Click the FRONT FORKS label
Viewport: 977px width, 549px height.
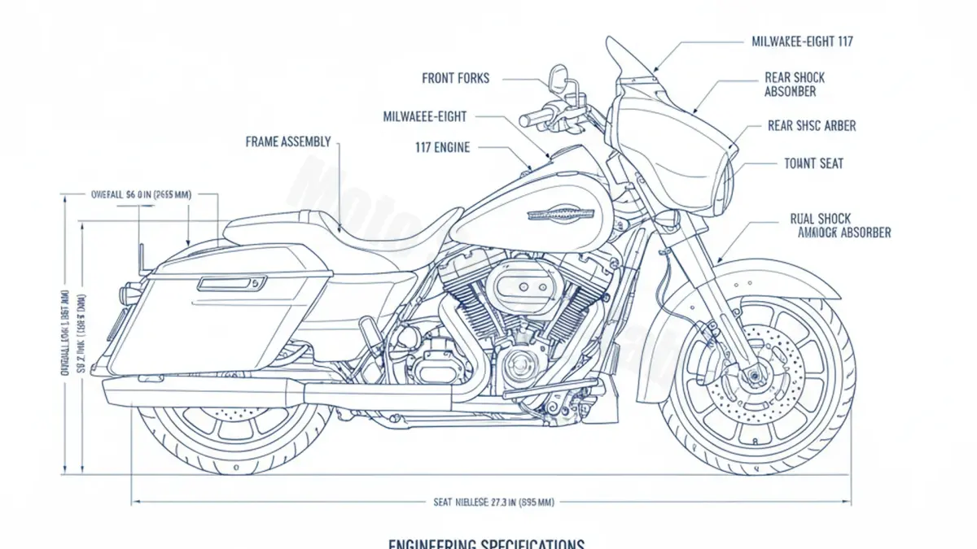point(456,78)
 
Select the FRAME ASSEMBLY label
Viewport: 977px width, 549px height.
point(288,142)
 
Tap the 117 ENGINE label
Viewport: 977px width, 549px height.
point(442,148)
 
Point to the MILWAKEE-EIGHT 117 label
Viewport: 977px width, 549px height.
point(802,41)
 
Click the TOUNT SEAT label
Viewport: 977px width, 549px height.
point(813,163)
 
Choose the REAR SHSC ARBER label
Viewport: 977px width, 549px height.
point(812,126)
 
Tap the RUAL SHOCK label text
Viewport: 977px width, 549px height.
point(820,219)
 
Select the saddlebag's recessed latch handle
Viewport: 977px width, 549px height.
point(232,283)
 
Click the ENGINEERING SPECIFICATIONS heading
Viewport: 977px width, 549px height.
point(487,542)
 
